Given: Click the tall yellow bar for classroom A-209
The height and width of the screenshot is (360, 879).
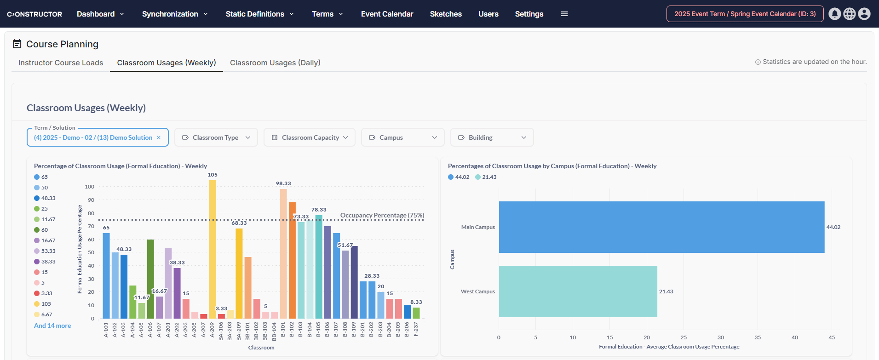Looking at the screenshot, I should [x=212, y=249].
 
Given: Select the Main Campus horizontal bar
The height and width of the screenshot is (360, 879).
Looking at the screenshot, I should [x=661, y=227].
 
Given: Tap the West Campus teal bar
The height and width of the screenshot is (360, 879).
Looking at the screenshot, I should [x=578, y=291].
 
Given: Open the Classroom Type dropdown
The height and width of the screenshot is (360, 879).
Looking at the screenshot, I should [x=216, y=137].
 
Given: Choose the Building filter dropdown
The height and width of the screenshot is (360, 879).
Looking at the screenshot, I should [x=492, y=137].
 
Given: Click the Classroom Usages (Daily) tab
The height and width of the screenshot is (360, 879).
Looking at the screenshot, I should [x=275, y=63].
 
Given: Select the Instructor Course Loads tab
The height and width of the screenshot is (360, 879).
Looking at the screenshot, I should [x=61, y=63].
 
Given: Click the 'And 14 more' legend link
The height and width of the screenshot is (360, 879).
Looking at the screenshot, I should [x=52, y=326].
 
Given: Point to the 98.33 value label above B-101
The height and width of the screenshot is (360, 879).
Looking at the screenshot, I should [x=283, y=183].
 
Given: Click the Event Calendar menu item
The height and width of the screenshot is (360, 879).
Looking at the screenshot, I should [x=387, y=14].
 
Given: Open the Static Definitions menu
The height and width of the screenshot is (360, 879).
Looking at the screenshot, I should [x=259, y=14].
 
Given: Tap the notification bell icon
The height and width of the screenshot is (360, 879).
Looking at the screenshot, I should [x=834, y=14].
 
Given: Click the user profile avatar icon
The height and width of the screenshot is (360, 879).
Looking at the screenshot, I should [x=864, y=14].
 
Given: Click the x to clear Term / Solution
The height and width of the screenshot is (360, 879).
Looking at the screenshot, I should [x=159, y=137].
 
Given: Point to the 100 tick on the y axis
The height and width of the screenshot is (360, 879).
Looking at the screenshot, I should [x=89, y=187].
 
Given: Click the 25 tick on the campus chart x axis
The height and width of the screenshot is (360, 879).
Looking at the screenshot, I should [x=684, y=337].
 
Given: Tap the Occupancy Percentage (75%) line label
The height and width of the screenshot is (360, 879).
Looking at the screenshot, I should [x=382, y=215].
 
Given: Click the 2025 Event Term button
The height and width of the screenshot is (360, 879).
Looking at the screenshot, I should [x=745, y=14].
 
